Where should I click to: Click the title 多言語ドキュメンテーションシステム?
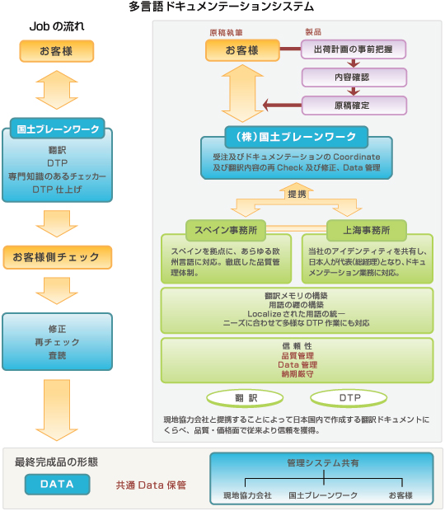click(x=221, y=7)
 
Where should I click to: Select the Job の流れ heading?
click(x=57, y=26)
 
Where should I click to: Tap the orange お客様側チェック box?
click(x=58, y=257)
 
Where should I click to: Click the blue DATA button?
click(x=57, y=485)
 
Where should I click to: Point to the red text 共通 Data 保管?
click(x=151, y=485)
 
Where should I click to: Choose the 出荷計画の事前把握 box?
click(x=354, y=49)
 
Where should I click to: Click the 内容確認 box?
click(x=354, y=77)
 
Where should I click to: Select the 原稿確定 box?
click(x=354, y=105)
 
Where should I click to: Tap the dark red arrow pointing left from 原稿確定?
click(x=282, y=105)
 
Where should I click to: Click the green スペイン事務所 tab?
click(x=226, y=230)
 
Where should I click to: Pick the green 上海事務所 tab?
click(x=367, y=230)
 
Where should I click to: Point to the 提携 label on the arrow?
click(x=297, y=195)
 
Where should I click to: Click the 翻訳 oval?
click(x=245, y=398)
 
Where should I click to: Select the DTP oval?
click(x=349, y=398)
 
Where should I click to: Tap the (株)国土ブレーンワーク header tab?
click(x=297, y=137)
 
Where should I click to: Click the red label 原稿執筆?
click(x=226, y=32)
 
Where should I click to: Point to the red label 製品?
click(x=313, y=31)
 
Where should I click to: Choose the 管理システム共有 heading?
click(x=323, y=462)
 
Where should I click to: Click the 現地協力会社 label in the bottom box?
click(x=247, y=495)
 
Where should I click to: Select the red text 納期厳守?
click(x=297, y=374)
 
